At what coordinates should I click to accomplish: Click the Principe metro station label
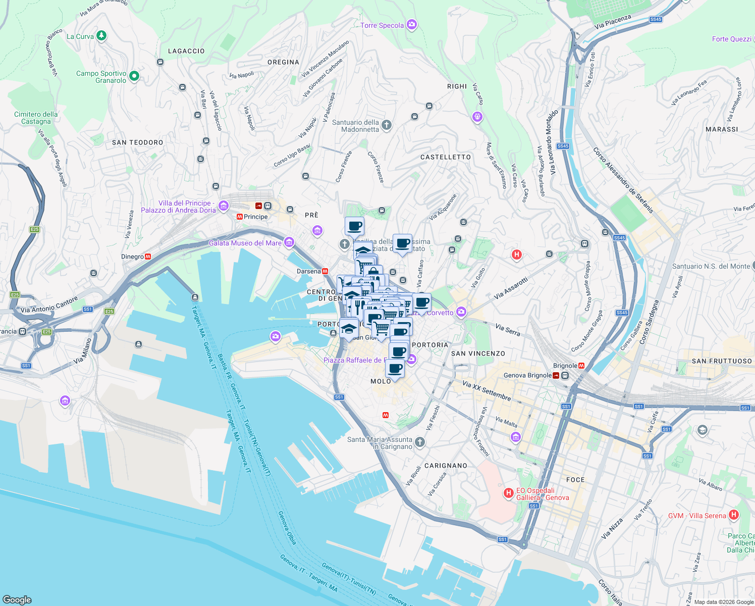tap(255, 217)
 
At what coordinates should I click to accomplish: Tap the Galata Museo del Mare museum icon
tap(289, 242)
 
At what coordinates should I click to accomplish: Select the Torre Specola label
tap(382, 25)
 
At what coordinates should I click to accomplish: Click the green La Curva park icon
tap(101, 35)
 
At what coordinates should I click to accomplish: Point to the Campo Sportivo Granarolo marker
tap(134, 76)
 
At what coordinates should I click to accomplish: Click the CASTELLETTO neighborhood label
tap(445, 157)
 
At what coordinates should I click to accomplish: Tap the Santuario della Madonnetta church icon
tap(387, 125)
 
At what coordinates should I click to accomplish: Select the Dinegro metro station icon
tap(148, 257)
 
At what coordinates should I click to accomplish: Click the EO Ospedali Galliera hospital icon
tap(508, 492)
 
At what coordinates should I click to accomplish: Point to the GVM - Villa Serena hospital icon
tap(734, 515)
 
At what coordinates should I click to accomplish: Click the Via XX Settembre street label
tap(487, 391)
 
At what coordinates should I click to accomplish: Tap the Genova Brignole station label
tap(527, 375)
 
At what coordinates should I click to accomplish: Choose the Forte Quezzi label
tap(731, 39)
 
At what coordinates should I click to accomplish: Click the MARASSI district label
tap(722, 129)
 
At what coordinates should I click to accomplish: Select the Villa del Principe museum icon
tap(224, 206)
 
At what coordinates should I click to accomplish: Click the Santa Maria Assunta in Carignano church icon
tap(420, 442)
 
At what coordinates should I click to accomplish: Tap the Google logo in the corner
tap(17, 599)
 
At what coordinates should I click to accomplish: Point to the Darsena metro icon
tap(325, 271)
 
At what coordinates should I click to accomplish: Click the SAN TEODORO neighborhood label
tap(137, 142)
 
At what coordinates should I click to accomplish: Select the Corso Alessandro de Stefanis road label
tap(623, 180)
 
